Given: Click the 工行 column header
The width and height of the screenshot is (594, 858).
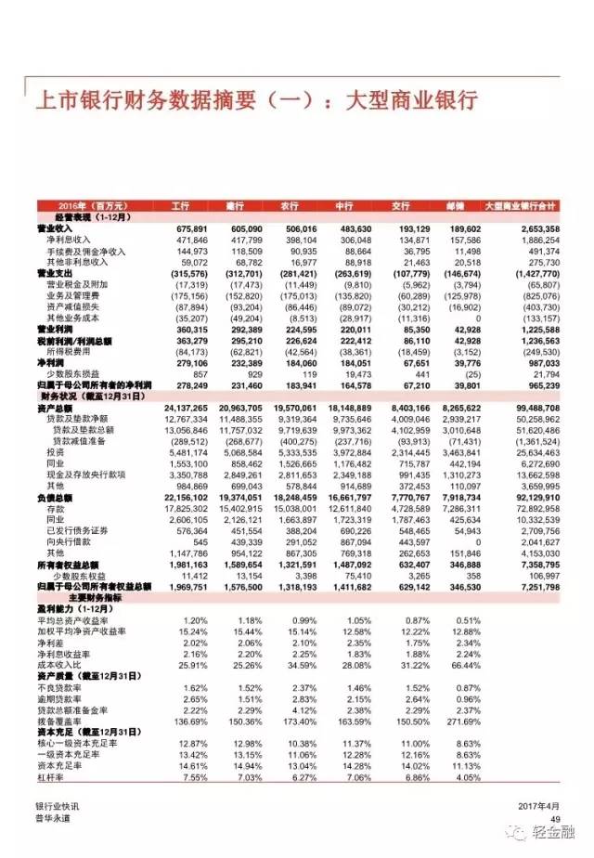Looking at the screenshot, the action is click(180, 204).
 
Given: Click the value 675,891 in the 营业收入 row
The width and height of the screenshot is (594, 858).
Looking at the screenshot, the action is click(189, 227).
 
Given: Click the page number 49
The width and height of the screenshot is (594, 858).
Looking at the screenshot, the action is click(556, 818).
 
